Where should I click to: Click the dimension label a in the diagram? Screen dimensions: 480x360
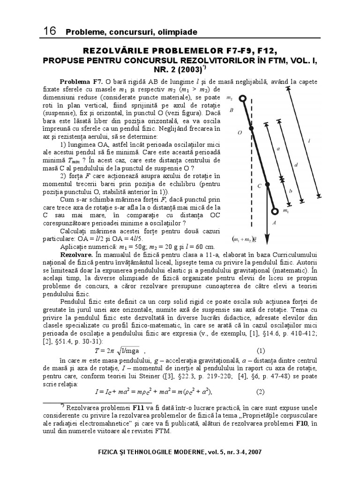pyautogui.click(x=278, y=149)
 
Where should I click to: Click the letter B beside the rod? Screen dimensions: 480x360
pyautogui.click(x=232, y=111)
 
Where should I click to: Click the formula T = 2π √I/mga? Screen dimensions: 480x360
pyautogui.click(x=120, y=351)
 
